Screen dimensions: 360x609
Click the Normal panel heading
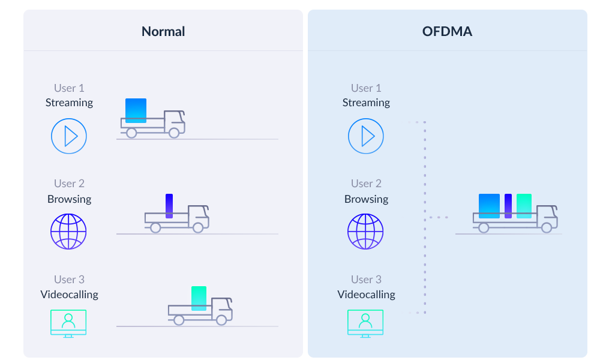pos(163,32)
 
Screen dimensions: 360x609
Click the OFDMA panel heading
pos(447,32)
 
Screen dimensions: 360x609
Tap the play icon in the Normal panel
pos(69,136)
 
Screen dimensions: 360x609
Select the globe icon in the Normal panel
pos(69,232)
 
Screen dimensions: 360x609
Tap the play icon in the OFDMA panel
pos(366,136)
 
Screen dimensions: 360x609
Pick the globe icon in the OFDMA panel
pos(366,232)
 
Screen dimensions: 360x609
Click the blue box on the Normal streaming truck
pos(136,110)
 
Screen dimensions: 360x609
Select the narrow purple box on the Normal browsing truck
pos(169,206)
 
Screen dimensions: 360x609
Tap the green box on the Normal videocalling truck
pos(199,298)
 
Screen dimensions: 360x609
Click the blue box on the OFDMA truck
pos(489,206)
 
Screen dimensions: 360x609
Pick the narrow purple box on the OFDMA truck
pos(508,206)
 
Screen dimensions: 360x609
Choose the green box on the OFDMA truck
pos(524,206)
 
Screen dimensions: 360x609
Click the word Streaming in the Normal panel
pos(69,103)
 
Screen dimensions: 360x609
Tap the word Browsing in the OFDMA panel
pos(366,199)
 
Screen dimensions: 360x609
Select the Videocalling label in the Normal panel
pos(69,295)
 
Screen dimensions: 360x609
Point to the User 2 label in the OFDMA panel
pos(366,184)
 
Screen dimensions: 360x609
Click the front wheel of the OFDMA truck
pos(547,228)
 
